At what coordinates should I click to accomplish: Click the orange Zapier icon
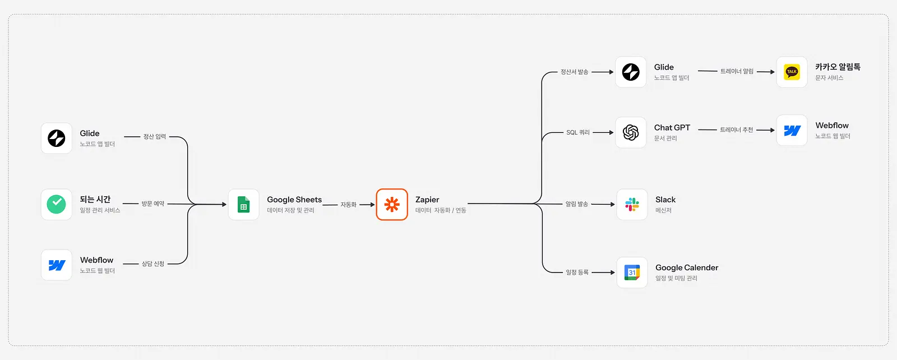click(x=392, y=204)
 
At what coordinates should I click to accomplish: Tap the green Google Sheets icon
click(x=243, y=204)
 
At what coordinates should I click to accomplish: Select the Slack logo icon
click(x=632, y=204)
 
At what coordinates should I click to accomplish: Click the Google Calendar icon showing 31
click(x=632, y=273)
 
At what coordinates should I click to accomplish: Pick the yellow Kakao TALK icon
click(x=792, y=72)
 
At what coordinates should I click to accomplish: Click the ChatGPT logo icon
click(x=631, y=132)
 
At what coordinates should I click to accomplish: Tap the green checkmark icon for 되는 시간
click(x=57, y=204)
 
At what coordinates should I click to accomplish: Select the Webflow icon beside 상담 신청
click(x=57, y=265)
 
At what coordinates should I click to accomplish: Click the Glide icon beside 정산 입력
click(x=57, y=138)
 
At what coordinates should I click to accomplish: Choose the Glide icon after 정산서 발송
click(x=631, y=72)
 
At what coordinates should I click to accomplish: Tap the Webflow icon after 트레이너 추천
click(x=792, y=131)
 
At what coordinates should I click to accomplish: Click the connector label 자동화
click(x=348, y=205)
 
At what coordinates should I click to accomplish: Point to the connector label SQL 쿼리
click(x=578, y=132)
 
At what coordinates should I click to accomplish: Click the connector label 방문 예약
click(x=153, y=204)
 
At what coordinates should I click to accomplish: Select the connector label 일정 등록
click(x=577, y=273)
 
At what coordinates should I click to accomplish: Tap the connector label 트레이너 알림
click(x=737, y=71)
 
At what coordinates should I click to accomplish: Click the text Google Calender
click(x=687, y=267)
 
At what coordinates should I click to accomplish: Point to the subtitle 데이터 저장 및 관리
click(x=291, y=210)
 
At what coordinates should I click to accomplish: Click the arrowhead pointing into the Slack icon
click(x=612, y=204)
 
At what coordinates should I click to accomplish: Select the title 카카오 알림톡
click(x=838, y=67)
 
